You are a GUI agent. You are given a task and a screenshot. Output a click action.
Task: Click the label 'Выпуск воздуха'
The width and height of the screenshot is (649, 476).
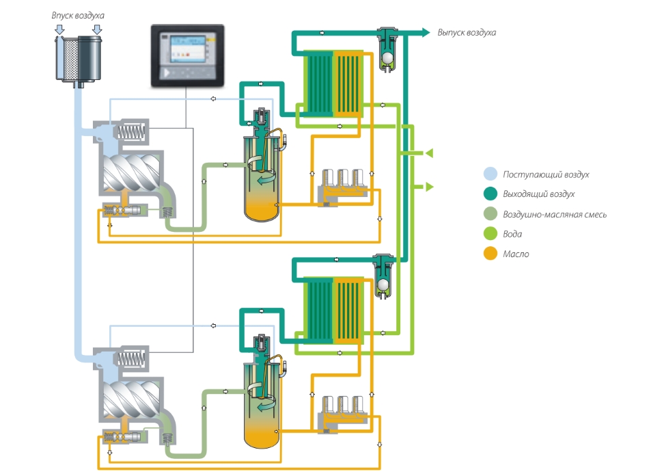(x=467, y=32)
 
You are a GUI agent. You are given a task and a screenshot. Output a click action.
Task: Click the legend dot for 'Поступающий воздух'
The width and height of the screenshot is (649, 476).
(x=489, y=174)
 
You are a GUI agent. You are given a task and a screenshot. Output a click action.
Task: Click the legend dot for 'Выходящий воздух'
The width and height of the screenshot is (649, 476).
(x=489, y=194)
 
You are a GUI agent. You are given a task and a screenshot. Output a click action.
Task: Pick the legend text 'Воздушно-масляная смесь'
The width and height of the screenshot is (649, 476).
(x=555, y=214)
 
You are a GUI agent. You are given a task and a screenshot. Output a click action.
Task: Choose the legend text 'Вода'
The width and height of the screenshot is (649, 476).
(x=512, y=234)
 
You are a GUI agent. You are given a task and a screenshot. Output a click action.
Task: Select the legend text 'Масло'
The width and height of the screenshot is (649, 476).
(x=516, y=254)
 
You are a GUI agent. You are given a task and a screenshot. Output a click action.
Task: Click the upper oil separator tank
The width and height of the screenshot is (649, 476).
(x=262, y=178)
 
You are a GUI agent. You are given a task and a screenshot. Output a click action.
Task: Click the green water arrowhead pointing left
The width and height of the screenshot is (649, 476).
(x=430, y=153)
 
